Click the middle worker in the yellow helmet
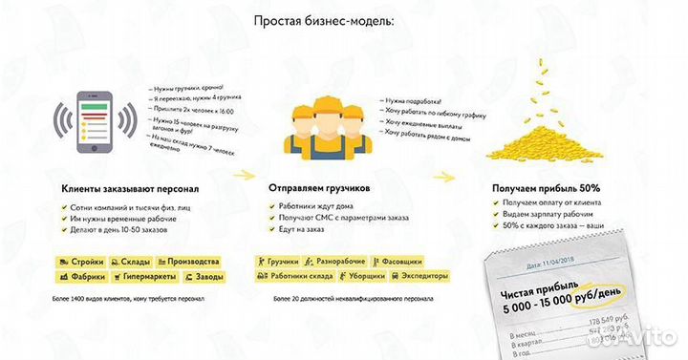[324, 129]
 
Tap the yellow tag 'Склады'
[129, 261]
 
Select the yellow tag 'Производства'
[189, 261]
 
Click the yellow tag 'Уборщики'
[355, 277]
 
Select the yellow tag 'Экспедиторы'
[418, 277]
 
